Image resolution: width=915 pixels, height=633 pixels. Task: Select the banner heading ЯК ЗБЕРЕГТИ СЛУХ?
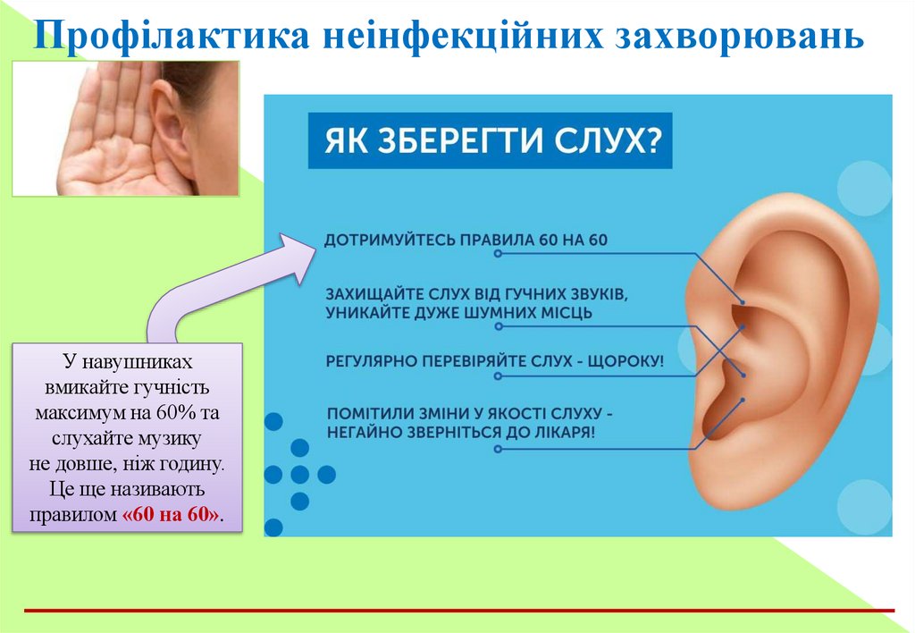[x=489, y=141]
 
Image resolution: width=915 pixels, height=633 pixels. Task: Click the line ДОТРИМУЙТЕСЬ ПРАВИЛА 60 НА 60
[x=466, y=241]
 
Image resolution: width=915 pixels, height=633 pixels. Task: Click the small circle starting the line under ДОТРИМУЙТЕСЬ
[x=498, y=254]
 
